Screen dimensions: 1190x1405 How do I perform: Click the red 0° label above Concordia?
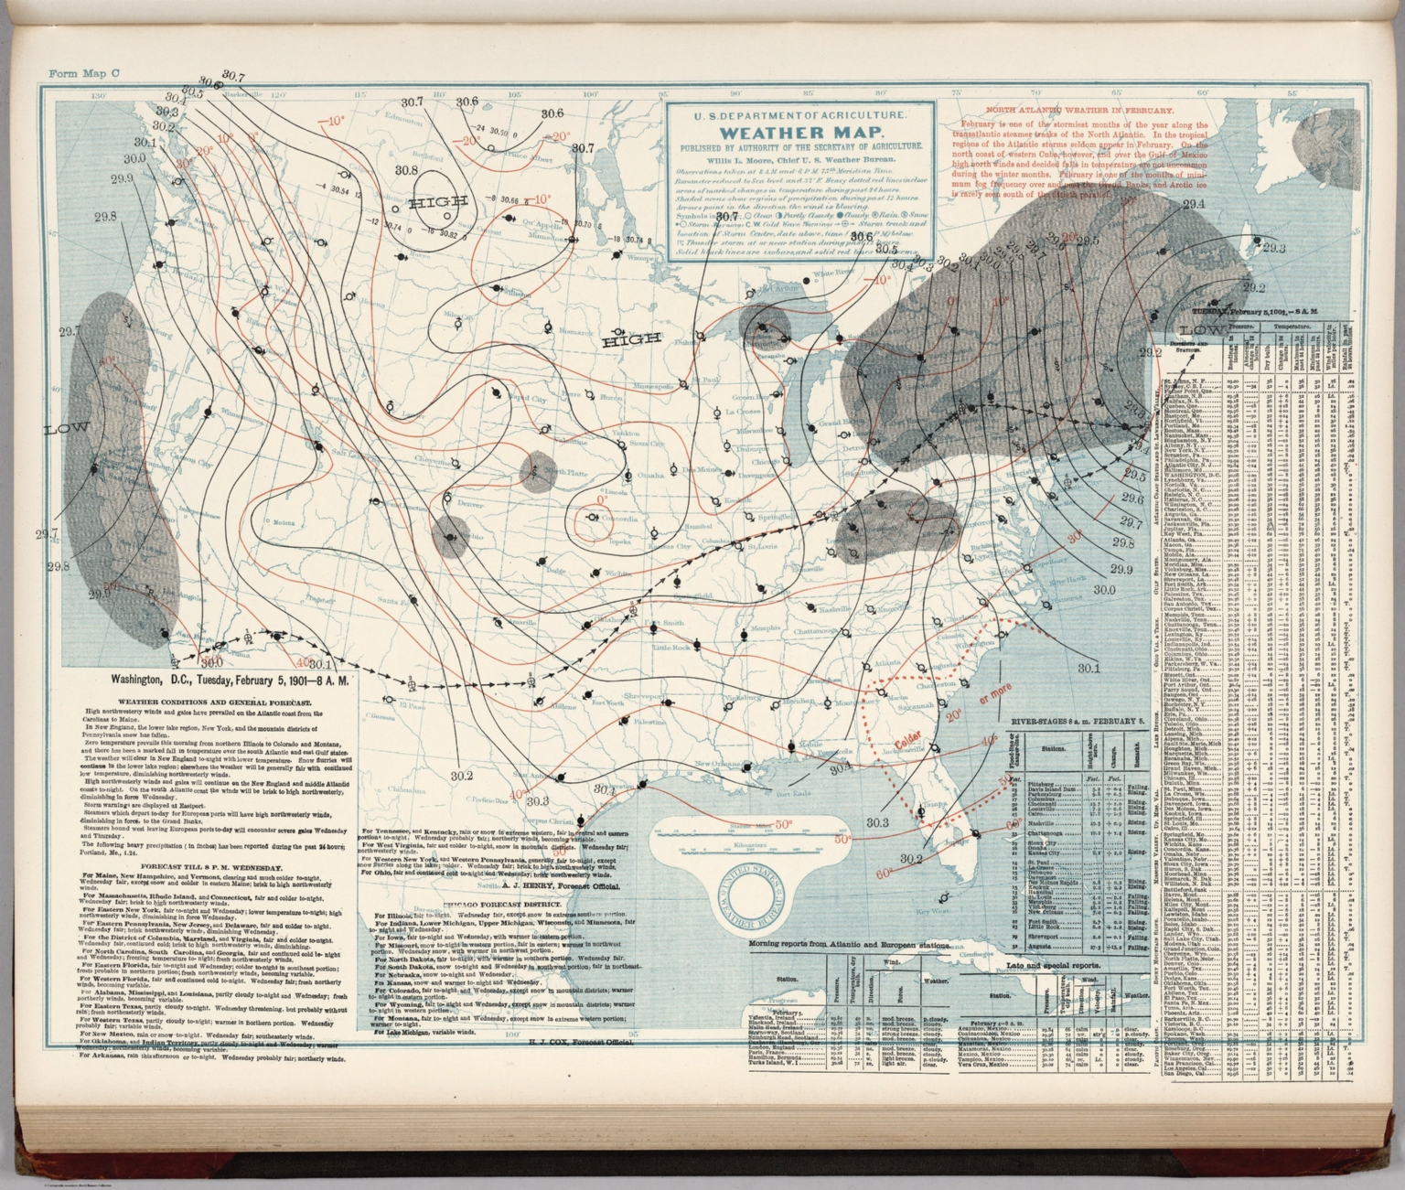602,500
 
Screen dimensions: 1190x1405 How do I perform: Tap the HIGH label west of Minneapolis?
631,339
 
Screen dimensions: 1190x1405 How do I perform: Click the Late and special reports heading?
1040,965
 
